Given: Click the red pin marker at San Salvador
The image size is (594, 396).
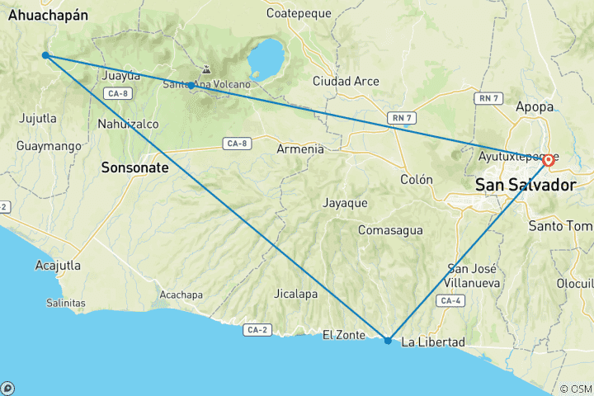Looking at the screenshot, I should point(548,159).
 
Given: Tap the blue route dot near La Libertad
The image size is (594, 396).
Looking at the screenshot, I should point(388,340).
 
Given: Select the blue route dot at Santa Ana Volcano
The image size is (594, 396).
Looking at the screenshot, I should point(191,85).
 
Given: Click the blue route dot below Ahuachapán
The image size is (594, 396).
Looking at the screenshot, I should point(45,55).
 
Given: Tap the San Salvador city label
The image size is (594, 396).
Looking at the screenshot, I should point(525,186).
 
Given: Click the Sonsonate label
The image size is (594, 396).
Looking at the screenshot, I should point(134,167).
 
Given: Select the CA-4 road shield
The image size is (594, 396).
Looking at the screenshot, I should point(450,301).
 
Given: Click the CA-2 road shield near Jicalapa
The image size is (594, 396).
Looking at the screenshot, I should point(255,330).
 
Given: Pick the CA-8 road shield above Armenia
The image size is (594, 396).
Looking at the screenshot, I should point(236,144).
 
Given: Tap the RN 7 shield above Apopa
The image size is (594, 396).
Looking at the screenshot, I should point(488,98).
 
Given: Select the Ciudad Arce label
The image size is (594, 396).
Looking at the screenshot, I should point(346,81).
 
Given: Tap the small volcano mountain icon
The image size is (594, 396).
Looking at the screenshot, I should point(205,71).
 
